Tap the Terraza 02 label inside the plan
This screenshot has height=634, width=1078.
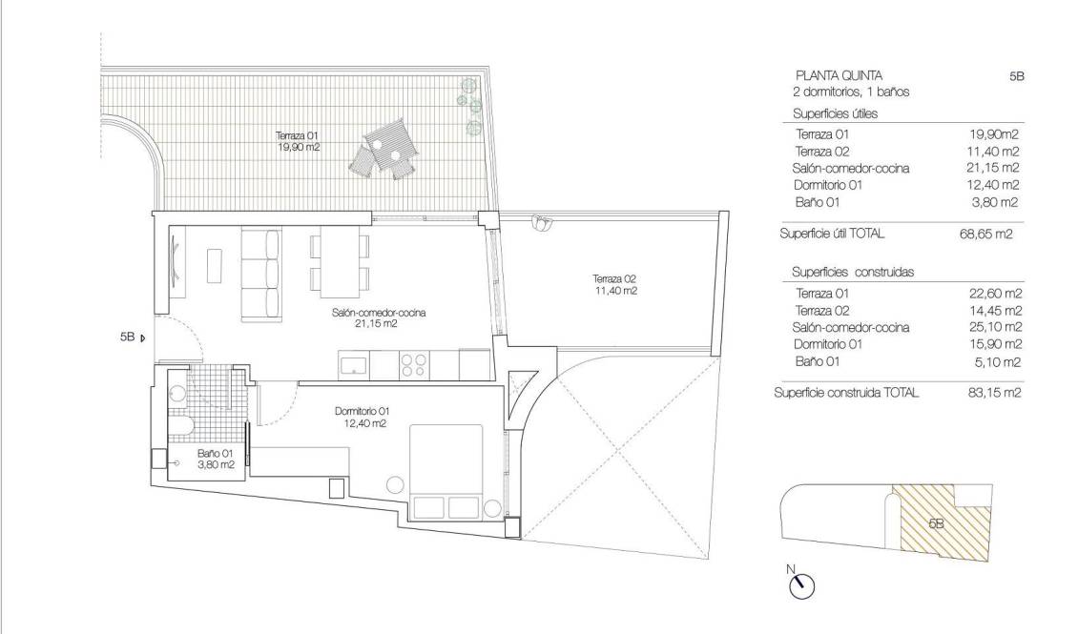[612, 284]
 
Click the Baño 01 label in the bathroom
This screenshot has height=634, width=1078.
[215, 460]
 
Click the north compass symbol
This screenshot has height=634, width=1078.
[802, 585]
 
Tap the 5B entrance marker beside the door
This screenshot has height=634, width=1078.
[132, 337]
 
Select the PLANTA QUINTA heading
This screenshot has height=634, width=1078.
[839, 75]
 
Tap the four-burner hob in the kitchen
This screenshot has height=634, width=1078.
[413, 364]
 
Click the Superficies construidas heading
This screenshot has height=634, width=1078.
[853, 272]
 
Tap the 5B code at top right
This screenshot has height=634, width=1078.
[1015, 75]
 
